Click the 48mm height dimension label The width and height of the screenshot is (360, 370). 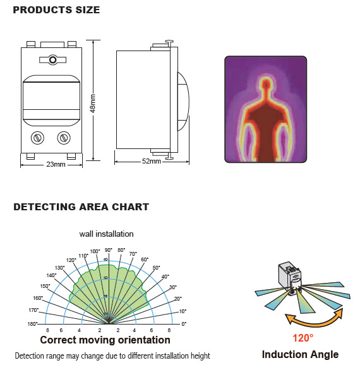(93, 104)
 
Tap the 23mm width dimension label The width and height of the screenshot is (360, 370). (56, 164)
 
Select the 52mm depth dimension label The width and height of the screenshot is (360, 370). (152, 161)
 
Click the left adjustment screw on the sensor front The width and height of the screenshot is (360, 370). (37, 138)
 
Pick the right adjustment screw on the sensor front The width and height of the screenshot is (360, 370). (64, 138)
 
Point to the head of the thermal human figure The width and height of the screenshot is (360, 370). (266, 84)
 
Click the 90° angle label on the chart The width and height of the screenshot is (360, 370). (109, 250)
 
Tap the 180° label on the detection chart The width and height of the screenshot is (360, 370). (32, 324)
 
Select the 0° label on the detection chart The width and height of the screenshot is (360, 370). (184, 324)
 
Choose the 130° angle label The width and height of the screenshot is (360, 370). (59, 268)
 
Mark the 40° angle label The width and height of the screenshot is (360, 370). (165, 277)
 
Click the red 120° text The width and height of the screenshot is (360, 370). (303, 338)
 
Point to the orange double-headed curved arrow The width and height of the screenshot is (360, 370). (314, 323)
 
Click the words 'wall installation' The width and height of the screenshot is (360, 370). (106, 234)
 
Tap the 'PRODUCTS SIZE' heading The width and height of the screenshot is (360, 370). (56, 10)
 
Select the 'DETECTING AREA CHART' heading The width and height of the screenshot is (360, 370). (81, 207)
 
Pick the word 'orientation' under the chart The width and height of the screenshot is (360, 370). (144, 340)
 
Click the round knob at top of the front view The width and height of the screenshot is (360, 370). (52, 60)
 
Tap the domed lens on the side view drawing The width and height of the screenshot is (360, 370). (183, 102)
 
